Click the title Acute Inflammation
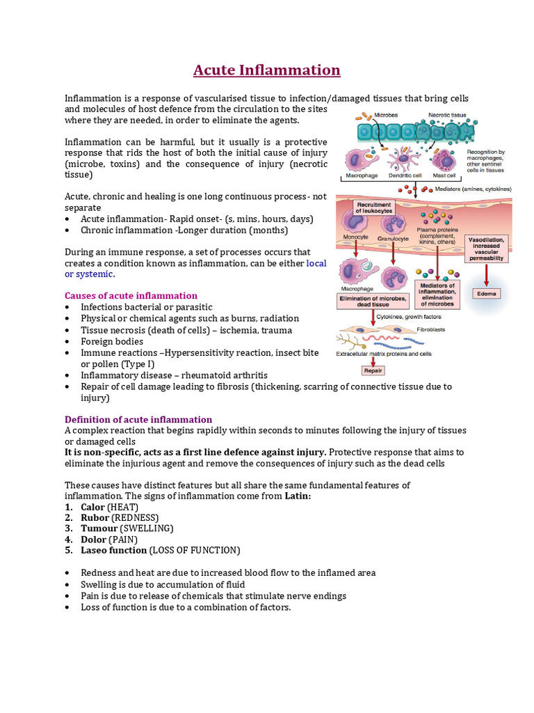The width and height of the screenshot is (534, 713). pos(266,70)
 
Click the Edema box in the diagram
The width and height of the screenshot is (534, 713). pos(487,293)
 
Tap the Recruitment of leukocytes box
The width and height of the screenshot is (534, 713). pos(374,207)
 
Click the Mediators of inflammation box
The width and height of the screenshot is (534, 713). pos(437,295)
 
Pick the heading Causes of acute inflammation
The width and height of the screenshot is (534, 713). pos(131,295)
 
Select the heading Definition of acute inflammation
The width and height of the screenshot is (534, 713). pos(138,419)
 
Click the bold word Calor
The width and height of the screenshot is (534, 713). pos(92,507)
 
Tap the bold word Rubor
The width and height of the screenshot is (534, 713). pos(95,517)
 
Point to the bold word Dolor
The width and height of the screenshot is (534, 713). pos(93,539)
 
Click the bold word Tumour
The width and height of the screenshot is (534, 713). pos(99,528)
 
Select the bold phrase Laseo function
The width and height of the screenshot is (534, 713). pos(113,550)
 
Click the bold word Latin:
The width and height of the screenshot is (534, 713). pos(298,496)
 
